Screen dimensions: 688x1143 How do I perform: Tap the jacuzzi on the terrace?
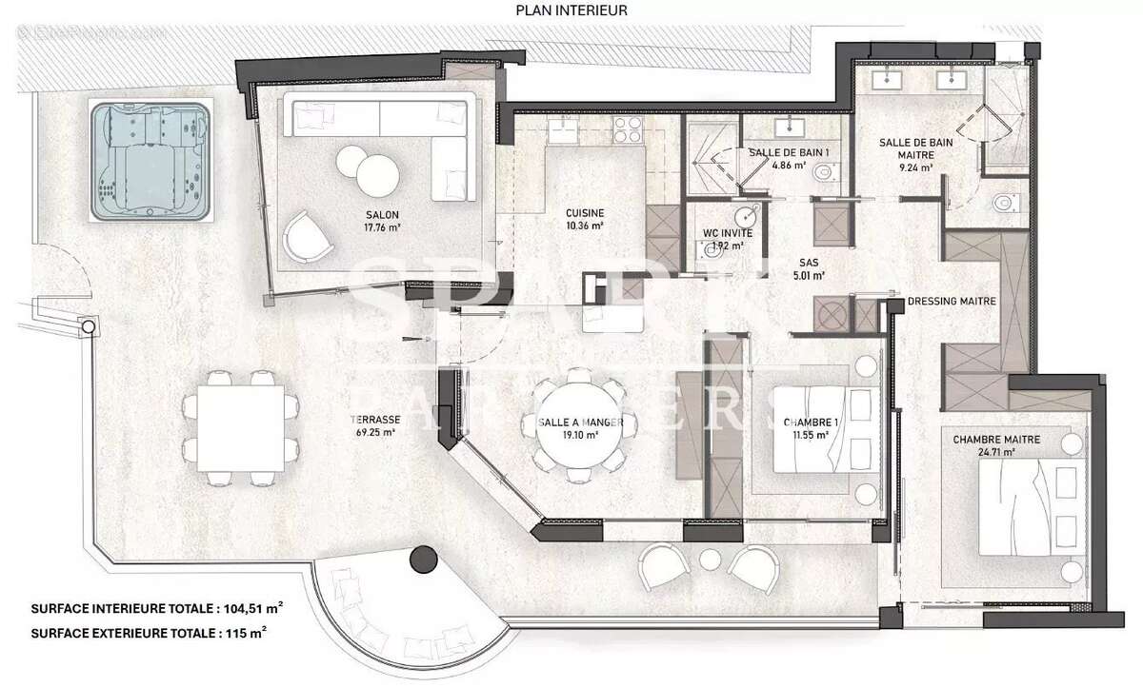(150, 161)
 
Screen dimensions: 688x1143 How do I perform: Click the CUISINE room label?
(585, 213)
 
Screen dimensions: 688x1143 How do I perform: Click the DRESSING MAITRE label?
(952, 302)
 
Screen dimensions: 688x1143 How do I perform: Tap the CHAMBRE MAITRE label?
(995, 440)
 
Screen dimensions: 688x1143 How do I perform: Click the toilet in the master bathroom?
(1003, 204)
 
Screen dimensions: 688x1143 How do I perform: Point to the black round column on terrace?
(422, 560)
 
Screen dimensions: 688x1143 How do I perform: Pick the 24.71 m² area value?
(995, 452)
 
